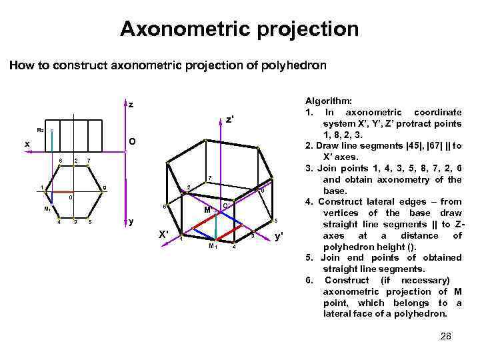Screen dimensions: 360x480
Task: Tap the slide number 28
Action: pyautogui.click(x=446, y=336)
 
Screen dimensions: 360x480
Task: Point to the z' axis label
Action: pyautogui.click(x=229, y=120)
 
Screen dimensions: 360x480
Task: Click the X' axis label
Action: pyautogui.click(x=163, y=234)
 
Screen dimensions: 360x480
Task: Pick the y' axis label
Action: pyautogui.click(x=279, y=235)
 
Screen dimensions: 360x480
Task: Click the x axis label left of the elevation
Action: pyautogui.click(x=27, y=144)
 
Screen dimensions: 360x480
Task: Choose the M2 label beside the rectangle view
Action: pyautogui.click(x=40, y=129)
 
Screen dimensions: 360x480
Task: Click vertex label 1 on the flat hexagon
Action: pyautogui.click(x=41, y=187)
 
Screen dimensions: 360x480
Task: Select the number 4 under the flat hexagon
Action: pyautogui.click(x=59, y=222)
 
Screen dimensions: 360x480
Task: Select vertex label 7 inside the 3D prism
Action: pyautogui.click(x=209, y=178)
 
